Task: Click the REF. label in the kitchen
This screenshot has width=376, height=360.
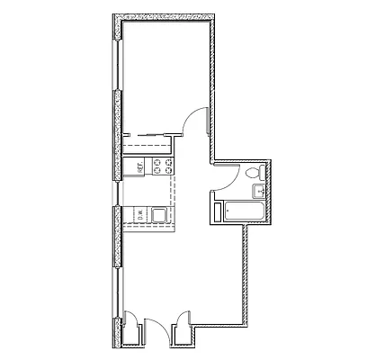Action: pos(140,166)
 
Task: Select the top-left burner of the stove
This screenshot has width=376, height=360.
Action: pos(157,162)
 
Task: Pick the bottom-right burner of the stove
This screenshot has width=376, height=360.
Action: pos(167,171)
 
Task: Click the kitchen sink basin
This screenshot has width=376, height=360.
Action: pos(159,214)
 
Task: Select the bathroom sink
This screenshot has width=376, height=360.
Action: pos(256,190)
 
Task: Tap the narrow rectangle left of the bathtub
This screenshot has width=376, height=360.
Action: pos(217,213)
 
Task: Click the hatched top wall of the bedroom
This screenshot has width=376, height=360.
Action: pos(166,18)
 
